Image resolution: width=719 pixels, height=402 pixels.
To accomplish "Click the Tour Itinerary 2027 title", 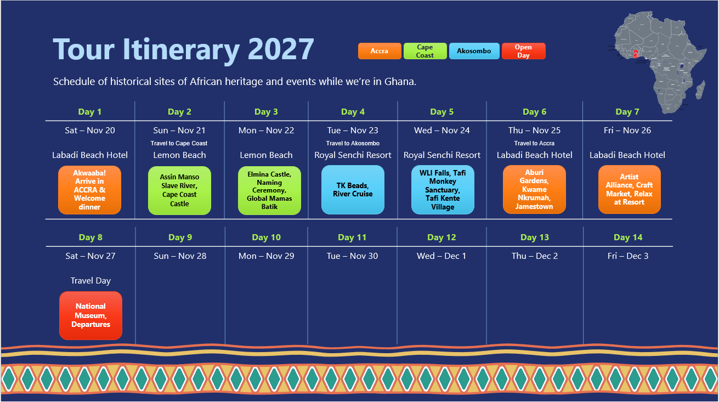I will [x=183, y=49].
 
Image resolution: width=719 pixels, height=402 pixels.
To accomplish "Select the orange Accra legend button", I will [x=380, y=51].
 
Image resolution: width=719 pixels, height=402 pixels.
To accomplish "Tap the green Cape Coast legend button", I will [x=425, y=51].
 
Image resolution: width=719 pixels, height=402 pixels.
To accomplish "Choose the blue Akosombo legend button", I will [x=474, y=51].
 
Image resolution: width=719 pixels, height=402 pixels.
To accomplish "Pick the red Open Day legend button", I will [x=523, y=51].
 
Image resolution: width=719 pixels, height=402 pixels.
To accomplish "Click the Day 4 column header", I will [x=353, y=112].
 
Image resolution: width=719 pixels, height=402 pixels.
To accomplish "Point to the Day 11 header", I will [x=353, y=237].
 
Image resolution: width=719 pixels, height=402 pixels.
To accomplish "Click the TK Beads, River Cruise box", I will [x=353, y=190].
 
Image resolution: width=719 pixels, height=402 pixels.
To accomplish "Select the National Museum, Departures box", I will [x=90, y=315].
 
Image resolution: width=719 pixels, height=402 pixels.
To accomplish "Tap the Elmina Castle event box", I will [x=269, y=190].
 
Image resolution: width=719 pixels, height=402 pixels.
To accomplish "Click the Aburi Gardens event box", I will [x=534, y=190].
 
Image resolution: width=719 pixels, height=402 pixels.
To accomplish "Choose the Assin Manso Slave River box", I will [x=179, y=190].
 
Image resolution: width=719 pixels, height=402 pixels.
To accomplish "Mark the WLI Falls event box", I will [x=443, y=190].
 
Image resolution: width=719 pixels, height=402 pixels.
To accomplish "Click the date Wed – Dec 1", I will [x=441, y=256].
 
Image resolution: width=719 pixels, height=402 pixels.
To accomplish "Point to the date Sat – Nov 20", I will [x=90, y=131].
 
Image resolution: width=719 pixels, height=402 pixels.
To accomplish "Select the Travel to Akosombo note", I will [x=353, y=144].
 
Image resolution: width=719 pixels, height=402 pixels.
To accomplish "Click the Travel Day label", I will [x=90, y=281].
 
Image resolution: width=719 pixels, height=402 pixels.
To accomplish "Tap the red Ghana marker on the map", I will [x=636, y=53].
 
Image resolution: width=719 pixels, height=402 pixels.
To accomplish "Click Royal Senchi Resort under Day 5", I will [x=442, y=155].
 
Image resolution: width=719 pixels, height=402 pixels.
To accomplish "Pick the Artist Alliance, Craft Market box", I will [x=629, y=190].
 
